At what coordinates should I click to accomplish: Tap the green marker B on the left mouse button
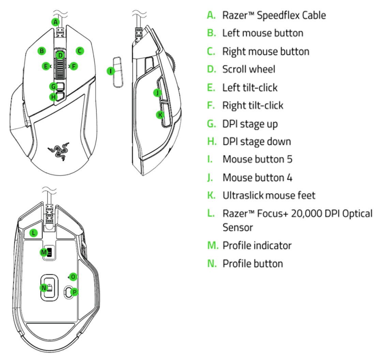[42, 51]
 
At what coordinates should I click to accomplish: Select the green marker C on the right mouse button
[79, 51]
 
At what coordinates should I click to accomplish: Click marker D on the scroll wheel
[60, 55]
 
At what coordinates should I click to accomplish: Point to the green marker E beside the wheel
[46, 66]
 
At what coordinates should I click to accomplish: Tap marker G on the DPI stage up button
[53, 86]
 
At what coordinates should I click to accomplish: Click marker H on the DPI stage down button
[53, 97]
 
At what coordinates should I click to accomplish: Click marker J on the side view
[156, 92]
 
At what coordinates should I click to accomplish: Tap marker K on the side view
[160, 115]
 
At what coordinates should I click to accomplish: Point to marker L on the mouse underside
[33, 233]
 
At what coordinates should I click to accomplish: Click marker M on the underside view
[44, 252]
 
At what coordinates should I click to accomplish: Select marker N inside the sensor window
[44, 288]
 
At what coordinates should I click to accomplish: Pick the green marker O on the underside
[72, 277]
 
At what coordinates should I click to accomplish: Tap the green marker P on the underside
[75, 292]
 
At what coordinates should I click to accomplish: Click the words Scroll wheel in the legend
[249, 69]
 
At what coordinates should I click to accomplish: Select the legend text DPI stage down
[256, 141]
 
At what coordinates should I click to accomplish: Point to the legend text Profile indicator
[257, 245]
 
